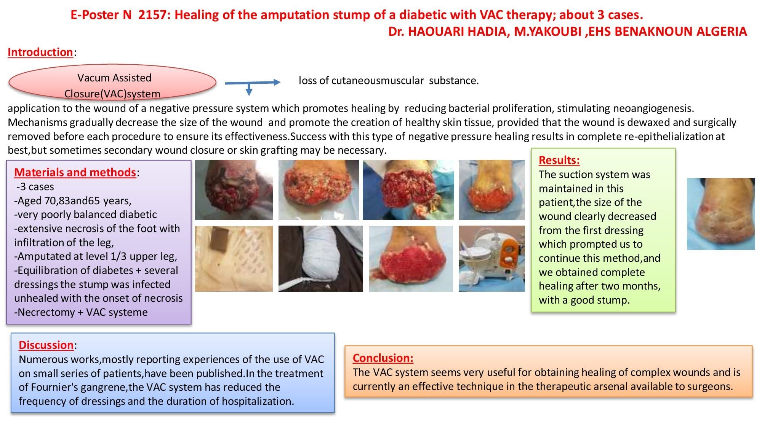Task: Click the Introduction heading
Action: point(40,52)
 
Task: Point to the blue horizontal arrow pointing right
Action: point(253,82)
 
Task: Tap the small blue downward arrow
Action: point(249,90)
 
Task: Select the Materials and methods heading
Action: point(75,172)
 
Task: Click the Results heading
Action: point(559,160)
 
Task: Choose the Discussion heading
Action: point(46,345)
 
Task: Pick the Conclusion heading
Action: point(383,358)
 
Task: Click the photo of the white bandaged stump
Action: point(320,259)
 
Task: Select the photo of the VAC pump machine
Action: point(491,259)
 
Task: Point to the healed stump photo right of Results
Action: point(720,214)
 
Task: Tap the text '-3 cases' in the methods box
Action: point(35,187)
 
